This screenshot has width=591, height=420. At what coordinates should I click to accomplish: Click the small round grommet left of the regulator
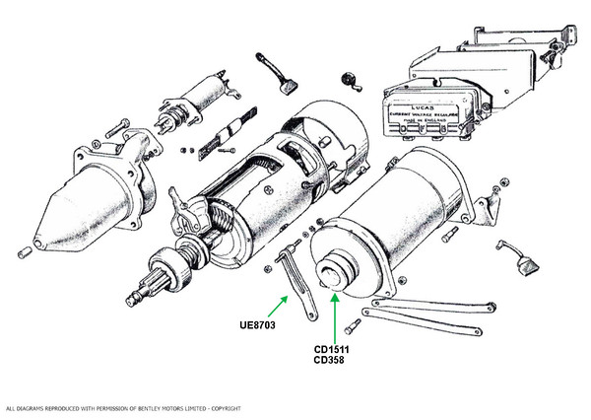[346, 78]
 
